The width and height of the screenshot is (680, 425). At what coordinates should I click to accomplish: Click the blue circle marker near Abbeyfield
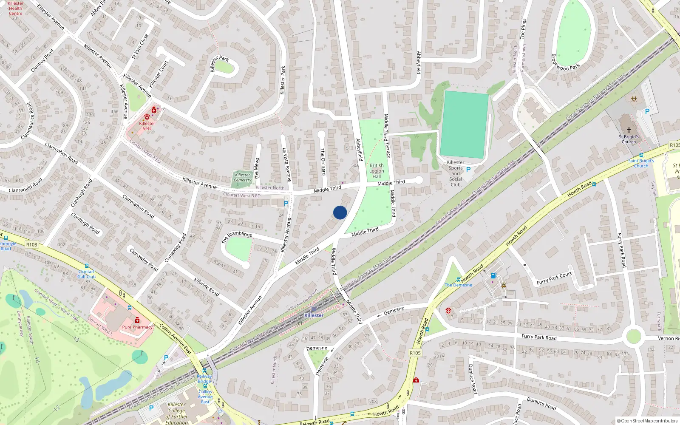pyautogui.click(x=340, y=212)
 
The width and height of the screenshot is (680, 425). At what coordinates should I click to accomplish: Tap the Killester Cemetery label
pyautogui.click(x=243, y=177)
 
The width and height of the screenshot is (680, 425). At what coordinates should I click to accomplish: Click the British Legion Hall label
pyautogui.click(x=377, y=171)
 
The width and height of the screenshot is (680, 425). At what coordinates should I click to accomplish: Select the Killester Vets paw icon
pyautogui.click(x=147, y=116)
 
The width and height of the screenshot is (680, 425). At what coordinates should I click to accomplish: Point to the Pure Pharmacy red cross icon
pyautogui.click(x=137, y=320)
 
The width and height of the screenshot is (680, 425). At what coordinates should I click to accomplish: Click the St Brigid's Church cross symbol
pyautogui.click(x=629, y=130)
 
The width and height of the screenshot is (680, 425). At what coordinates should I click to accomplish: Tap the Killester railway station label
pyautogui.click(x=314, y=315)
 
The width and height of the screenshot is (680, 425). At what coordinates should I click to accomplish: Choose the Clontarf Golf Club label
pyautogui.click(x=86, y=274)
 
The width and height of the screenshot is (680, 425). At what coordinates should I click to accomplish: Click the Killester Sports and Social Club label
pyautogui.click(x=456, y=173)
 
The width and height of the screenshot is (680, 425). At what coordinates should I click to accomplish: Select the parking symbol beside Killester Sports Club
pyautogui.click(x=468, y=170)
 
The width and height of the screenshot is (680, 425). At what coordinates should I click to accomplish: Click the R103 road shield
pyautogui.click(x=32, y=244)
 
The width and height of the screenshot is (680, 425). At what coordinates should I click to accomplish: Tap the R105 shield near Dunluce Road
pyautogui.click(x=415, y=353)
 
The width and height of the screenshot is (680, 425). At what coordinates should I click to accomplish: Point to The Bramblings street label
pyautogui.click(x=237, y=237)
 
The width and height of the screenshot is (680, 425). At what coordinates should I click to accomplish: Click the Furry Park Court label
pyautogui.click(x=554, y=278)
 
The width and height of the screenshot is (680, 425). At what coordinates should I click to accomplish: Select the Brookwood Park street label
pyautogui.click(x=565, y=62)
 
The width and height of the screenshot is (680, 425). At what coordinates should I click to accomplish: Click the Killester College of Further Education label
pyautogui.click(x=177, y=414)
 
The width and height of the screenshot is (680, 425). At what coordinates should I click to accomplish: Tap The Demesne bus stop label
pyautogui.click(x=458, y=285)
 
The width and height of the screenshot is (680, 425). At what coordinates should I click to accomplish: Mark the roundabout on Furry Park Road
pyautogui.click(x=633, y=336)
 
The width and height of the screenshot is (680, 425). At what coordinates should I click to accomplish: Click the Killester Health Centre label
pyautogui.click(x=15, y=8)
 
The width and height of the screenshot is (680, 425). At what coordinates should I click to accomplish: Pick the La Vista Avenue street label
pyautogui.click(x=287, y=164)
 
